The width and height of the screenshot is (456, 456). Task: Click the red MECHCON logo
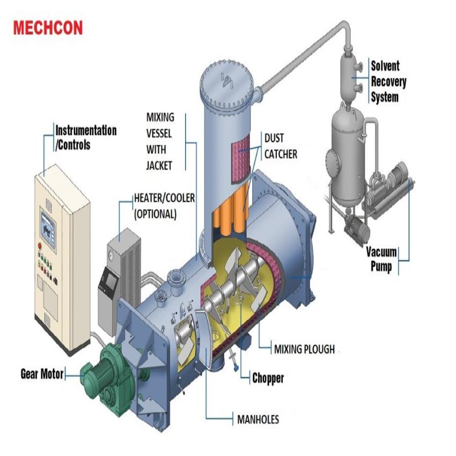point(48,28)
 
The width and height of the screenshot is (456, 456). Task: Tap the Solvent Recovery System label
point(388,82)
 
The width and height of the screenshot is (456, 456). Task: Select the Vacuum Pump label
point(383,259)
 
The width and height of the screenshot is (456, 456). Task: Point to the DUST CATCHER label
point(280,146)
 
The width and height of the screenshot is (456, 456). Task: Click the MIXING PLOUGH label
point(304,349)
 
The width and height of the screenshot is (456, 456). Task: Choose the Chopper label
point(268,378)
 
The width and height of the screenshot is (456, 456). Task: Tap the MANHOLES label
point(258,419)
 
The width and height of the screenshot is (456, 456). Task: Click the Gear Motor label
point(42,374)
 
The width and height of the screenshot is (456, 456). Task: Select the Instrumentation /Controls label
point(86,137)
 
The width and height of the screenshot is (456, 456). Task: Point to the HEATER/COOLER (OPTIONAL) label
point(164,205)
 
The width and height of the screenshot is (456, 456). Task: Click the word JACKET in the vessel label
point(159,166)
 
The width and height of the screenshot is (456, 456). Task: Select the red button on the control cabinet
point(40,246)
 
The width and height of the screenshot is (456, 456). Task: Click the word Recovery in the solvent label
point(388,82)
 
